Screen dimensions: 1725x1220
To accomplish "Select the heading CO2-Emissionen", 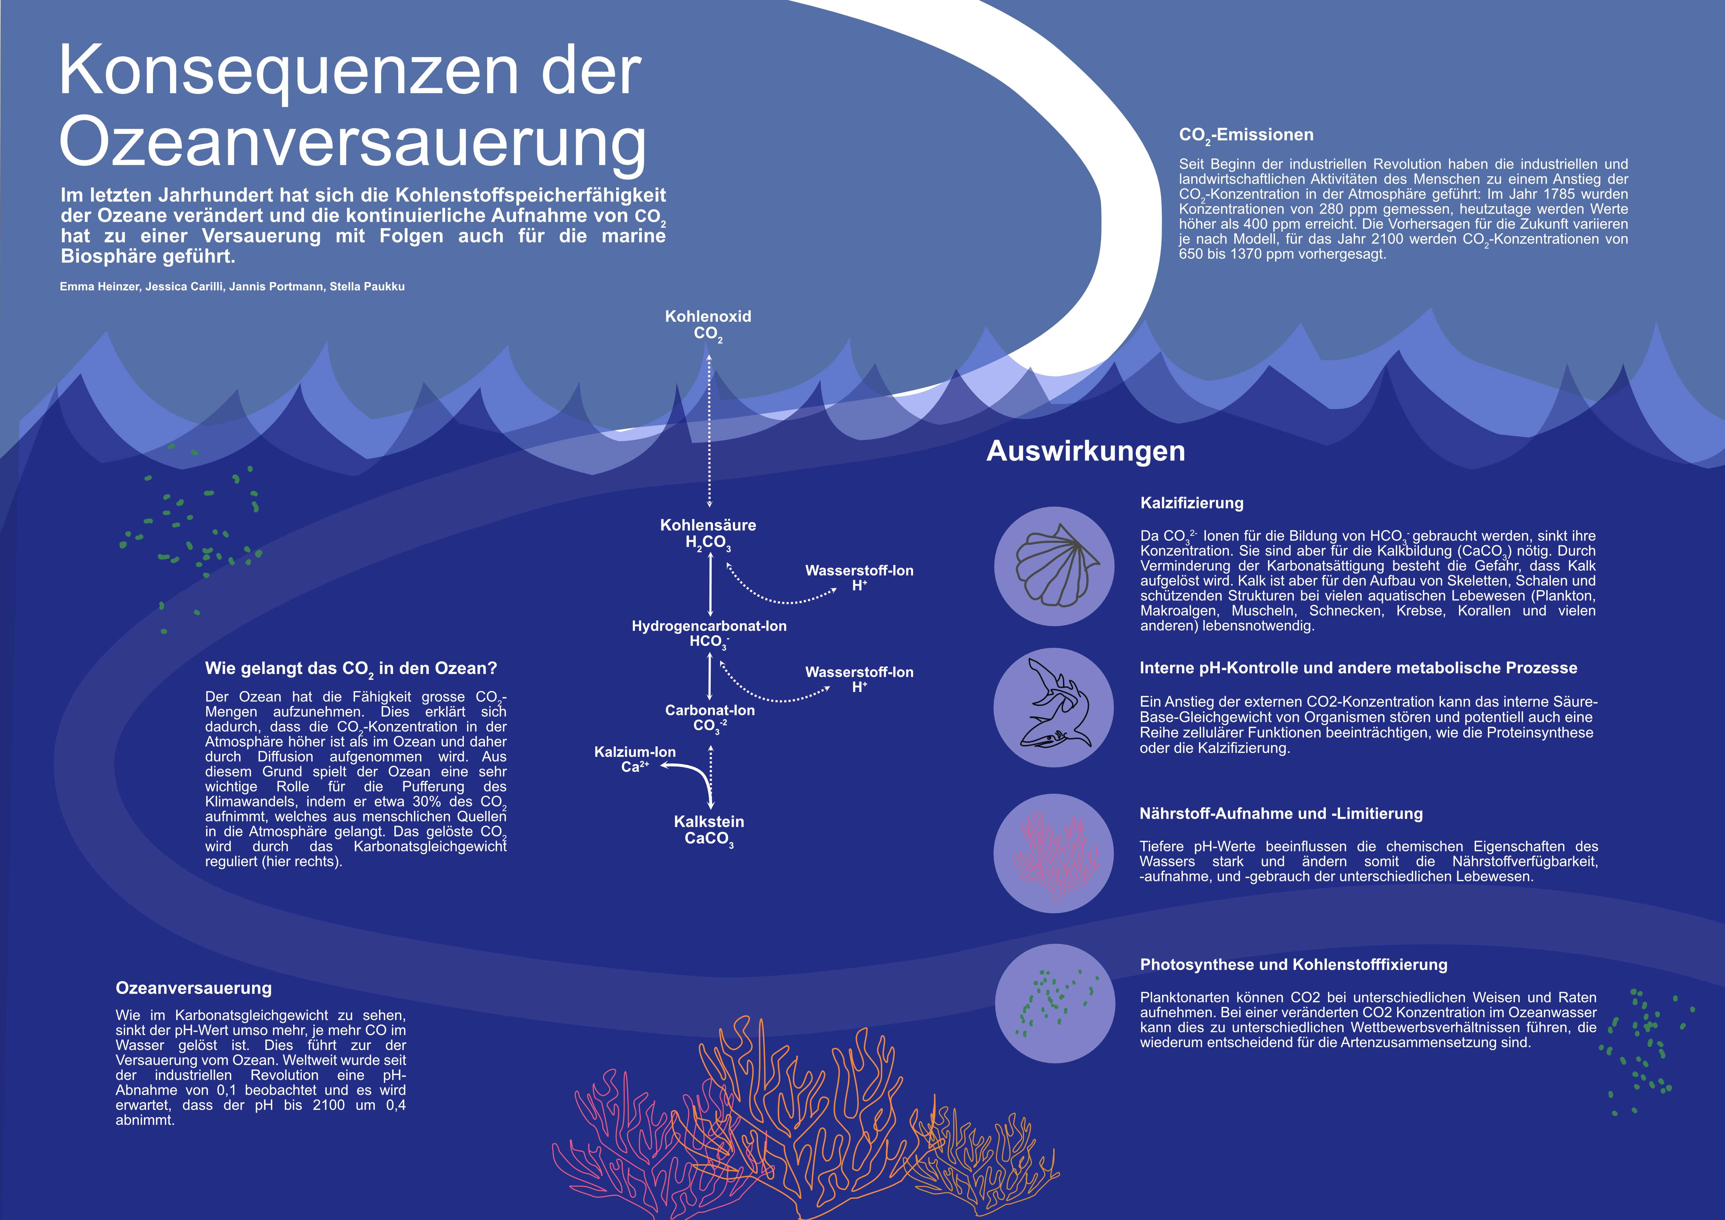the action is (1247, 136).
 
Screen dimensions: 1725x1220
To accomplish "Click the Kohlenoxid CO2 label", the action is (708, 325).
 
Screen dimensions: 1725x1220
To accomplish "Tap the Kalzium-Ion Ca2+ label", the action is (635, 759).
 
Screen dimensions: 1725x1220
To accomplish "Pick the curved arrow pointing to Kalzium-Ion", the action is (691, 778).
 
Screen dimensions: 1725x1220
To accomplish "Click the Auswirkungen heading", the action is (1086, 451).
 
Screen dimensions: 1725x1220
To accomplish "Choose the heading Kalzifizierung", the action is (1192, 503).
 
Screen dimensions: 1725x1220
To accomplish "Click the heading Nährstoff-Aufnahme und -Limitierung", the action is (1281, 813).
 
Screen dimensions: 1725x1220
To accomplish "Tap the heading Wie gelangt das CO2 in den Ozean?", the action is (351, 669).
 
